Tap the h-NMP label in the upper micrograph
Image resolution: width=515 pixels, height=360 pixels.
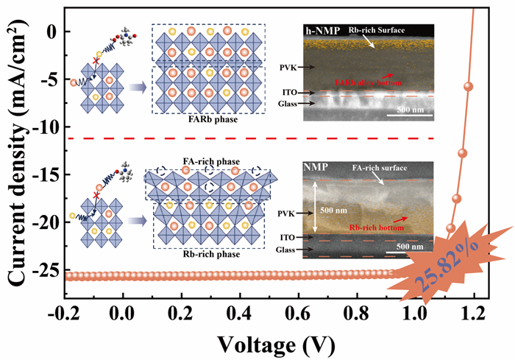tap(319, 32)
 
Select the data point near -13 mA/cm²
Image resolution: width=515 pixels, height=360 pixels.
tap(463, 153)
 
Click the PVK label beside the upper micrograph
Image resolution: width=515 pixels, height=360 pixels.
tap(288, 66)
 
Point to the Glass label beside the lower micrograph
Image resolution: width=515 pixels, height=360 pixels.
tap(288, 250)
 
